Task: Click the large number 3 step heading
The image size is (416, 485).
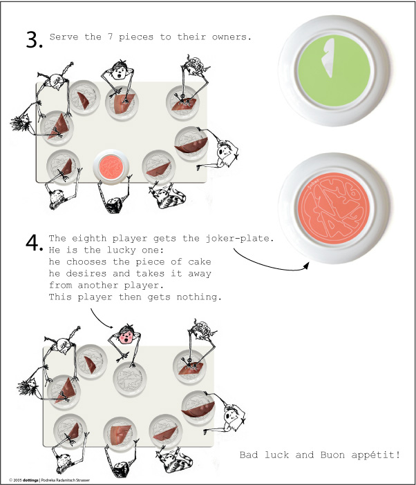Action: tap(33, 39)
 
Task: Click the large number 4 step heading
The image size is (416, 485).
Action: tap(33, 243)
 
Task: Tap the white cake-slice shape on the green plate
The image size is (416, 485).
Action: tap(328, 57)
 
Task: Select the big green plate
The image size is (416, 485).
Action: tap(334, 70)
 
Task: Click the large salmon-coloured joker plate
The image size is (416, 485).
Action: tap(334, 208)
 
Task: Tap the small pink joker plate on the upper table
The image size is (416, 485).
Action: tap(111, 167)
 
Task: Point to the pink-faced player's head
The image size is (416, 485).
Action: tap(126, 334)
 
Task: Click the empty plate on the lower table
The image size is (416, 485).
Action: tap(129, 379)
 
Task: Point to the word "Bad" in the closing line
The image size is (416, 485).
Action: tap(248, 455)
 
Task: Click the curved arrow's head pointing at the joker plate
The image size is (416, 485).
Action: tap(306, 266)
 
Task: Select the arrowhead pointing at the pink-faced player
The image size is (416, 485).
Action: tap(111, 326)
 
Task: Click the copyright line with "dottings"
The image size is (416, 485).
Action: tap(49, 480)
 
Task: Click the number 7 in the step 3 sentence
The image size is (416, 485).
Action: tap(110, 37)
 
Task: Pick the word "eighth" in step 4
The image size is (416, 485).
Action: tap(90, 239)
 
